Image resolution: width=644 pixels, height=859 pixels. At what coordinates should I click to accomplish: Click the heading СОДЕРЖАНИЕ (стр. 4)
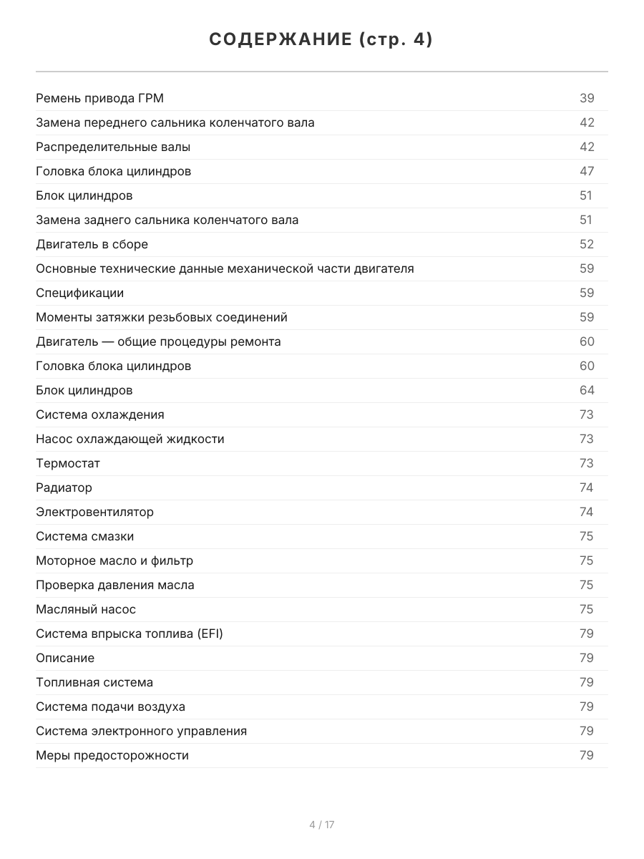click(x=321, y=40)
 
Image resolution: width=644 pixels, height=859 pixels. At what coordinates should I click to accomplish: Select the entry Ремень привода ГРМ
click(x=99, y=98)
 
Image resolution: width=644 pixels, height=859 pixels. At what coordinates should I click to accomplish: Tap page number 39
click(x=587, y=98)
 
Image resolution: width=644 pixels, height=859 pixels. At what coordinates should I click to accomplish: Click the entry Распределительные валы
click(x=113, y=147)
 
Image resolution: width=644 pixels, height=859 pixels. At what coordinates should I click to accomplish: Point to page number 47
click(x=587, y=171)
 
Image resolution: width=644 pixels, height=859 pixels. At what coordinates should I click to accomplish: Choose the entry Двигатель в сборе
click(x=92, y=244)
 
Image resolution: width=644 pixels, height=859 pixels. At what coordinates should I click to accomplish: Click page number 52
click(x=587, y=244)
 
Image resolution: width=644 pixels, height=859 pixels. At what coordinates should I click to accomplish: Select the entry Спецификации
click(x=79, y=293)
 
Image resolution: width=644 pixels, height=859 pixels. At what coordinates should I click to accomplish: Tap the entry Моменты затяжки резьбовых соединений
click(x=162, y=317)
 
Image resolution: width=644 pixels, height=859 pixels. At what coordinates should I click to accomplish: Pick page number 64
click(x=587, y=390)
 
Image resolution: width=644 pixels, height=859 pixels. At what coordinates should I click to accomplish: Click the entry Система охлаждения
click(x=99, y=414)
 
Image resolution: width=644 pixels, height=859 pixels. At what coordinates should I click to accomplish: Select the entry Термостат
click(x=68, y=463)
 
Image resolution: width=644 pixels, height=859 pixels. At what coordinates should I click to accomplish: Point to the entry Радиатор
click(x=64, y=487)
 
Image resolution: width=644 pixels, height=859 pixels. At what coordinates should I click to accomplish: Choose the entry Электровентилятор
click(x=94, y=512)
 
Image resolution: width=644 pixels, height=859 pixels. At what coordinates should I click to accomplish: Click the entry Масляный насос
click(x=86, y=609)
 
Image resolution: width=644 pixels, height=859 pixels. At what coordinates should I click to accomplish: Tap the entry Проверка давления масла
click(x=114, y=585)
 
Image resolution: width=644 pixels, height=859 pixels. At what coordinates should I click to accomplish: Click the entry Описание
click(x=65, y=658)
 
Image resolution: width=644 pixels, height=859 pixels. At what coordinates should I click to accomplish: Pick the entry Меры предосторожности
click(x=112, y=755)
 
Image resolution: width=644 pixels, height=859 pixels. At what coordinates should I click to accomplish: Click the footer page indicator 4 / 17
click(x=322, y=825)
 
